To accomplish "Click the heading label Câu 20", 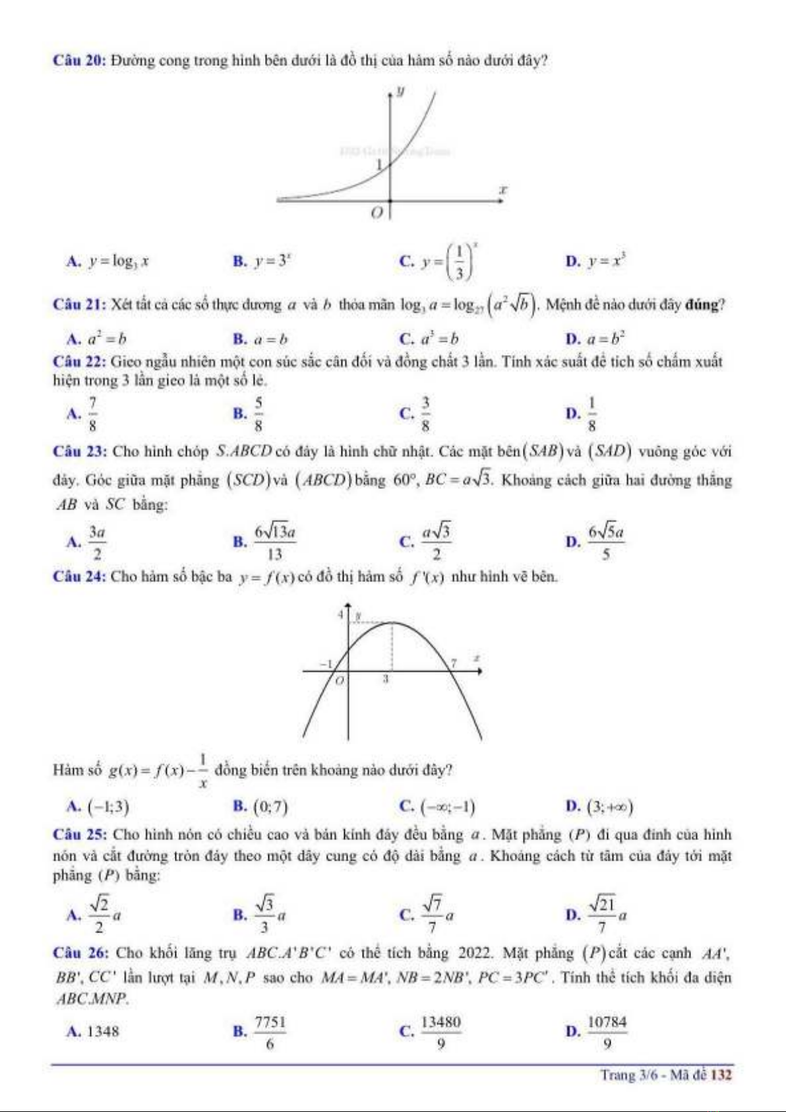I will click(x=79, y=61).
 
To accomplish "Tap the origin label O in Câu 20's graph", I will click(x=377, y=213).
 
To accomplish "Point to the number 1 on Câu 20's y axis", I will click(x=379, y=165).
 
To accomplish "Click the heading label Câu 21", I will click(x=79, y=305).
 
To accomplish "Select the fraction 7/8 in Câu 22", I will click(x=93, y=414).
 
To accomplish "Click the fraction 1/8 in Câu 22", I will click(x=591, y=414).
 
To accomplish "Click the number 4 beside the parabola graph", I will click(x=340, y=614).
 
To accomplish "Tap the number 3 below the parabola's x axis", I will click(x=386, y=678).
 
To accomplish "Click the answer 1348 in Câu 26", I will click(x=103, y=1031).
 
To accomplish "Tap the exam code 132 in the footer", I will click(x=721, y=1075).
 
